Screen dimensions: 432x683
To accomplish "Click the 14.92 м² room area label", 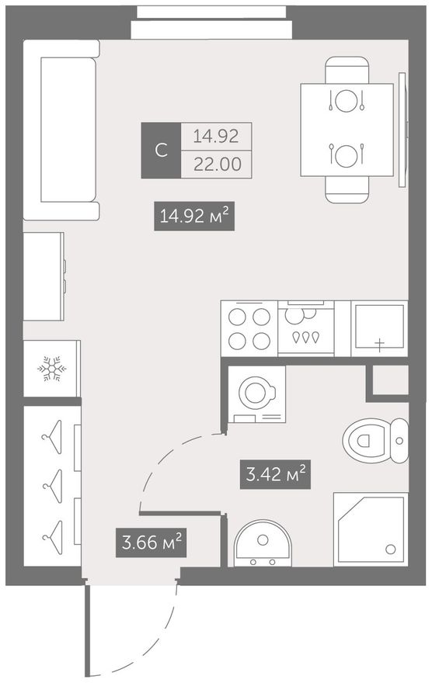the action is (x=194, y=216).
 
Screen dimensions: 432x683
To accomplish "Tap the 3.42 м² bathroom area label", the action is (x=276, y=474).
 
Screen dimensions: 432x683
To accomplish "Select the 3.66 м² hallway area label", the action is (x=151, y=543).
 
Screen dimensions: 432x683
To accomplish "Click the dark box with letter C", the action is (x=161, y=151).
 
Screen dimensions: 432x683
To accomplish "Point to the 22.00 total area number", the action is (x=217, y=165).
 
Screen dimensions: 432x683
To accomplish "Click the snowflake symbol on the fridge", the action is (x=51, y=369).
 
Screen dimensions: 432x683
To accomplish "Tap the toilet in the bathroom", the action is (x=376, y=440).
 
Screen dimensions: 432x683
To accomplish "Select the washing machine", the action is (x=256, y=394).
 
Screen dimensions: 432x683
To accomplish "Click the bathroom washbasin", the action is (x=263, y=543).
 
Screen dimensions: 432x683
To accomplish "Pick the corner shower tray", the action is (x=371, y=529).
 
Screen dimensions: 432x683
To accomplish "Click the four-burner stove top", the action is (x=249, y=328).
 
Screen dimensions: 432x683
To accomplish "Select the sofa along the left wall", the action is (x=61, y=130).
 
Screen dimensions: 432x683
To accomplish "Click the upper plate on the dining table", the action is (x=347, y=101).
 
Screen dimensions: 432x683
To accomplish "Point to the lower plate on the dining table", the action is (x=347, y=155).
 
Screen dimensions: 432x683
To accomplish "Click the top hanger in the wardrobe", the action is (x=52, y=437).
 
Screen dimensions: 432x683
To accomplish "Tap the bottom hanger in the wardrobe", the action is (x=52, y=538).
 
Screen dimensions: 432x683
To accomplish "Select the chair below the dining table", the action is (x=347, y=189).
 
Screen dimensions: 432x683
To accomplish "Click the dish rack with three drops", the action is (x=305, y=328).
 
